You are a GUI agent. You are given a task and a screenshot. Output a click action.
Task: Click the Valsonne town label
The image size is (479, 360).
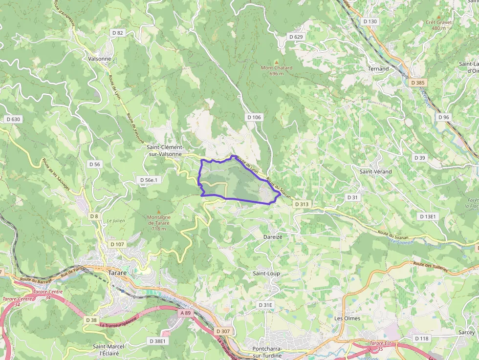(99, 59)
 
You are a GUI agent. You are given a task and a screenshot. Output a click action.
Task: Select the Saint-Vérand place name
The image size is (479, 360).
(375, 171)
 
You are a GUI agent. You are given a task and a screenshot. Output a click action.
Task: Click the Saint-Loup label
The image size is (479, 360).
(266, 274)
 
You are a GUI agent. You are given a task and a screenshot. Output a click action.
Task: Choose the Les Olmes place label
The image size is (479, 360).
(347, 318)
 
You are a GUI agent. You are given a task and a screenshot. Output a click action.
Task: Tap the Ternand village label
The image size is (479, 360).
(378, 69)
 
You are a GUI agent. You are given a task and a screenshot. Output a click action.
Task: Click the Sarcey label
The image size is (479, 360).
(467, 332)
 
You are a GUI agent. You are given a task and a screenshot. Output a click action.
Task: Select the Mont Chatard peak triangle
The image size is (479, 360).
(276, 62)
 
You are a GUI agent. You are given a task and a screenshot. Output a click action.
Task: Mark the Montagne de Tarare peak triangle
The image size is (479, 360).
(158, 211)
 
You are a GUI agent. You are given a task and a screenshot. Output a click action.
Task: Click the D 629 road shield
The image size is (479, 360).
(296, 37)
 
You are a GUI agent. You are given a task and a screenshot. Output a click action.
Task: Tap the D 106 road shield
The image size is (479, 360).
(254, 117)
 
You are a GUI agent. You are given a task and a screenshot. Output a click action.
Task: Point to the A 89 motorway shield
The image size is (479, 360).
(185, 313)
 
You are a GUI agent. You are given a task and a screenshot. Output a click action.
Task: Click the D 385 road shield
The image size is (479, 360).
(418, 83)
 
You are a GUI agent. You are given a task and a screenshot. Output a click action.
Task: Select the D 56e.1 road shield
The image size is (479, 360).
(149, 180)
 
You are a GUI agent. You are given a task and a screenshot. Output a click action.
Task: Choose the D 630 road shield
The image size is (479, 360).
(13, 119)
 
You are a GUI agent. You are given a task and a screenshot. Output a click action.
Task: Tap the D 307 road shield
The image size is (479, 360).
(222, 331)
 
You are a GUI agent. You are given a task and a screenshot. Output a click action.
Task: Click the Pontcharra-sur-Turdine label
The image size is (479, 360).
(267, 352)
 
